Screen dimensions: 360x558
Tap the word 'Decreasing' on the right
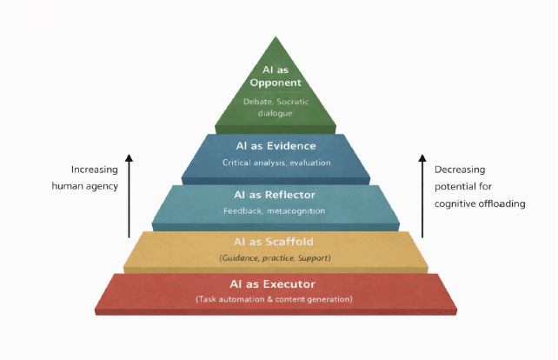point(461,170)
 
